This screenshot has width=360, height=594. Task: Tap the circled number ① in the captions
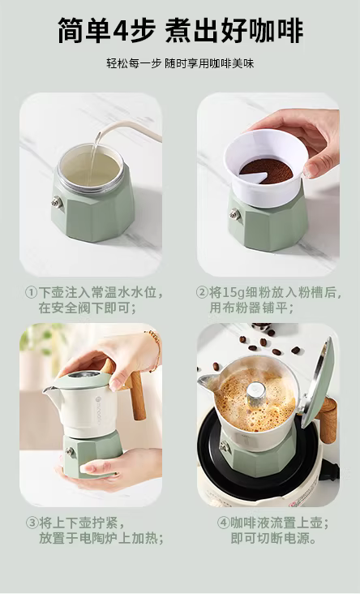pyautogui.click(x=31, y=292)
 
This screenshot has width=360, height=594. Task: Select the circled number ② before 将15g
pyautogui.click(x=203, y=292)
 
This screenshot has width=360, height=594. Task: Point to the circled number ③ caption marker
pyautogui.click(x=32, y=523)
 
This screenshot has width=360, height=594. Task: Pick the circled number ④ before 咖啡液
pyautogui.click(x=223, y=523)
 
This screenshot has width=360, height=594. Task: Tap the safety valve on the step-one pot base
pyautogui.click(x=57, y=202)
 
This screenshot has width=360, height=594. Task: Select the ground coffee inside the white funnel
pyautogui.click(x=266, y=170)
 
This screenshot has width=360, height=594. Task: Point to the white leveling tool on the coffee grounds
pyautogui.click(x=253, y=177)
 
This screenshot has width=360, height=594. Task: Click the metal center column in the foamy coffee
pyautogui.click(x=256, y=394)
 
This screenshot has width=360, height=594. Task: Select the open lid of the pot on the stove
pyautogui.click(x=316, y=383)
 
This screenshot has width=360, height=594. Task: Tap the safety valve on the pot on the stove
pyautogui.click(x=224, y=446)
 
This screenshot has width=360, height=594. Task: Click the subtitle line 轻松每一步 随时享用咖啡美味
pyautogui.click(x=180, y=63)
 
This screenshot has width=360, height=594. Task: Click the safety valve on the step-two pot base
pyautogui.click(x=234, y=215)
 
